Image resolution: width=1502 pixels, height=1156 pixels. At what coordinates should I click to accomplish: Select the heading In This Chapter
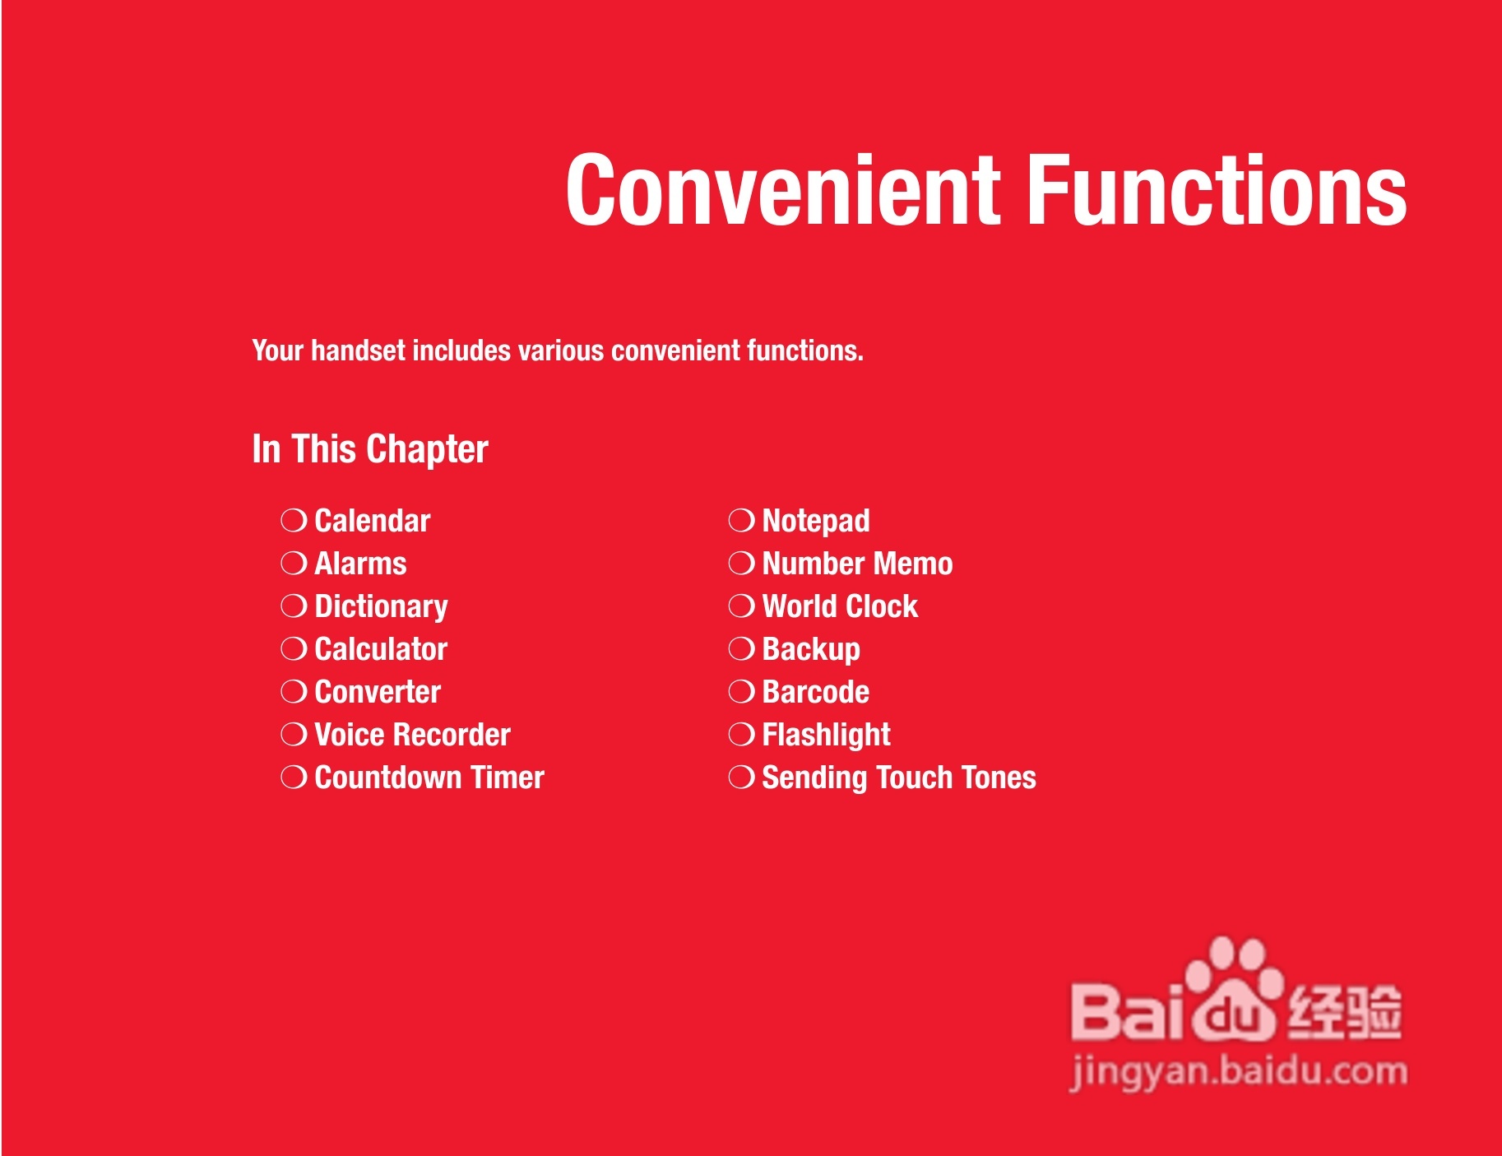point(370,449)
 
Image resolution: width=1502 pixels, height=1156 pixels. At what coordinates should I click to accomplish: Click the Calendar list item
point(373,521)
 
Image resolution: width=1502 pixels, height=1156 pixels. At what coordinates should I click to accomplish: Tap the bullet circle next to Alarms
point(294,564)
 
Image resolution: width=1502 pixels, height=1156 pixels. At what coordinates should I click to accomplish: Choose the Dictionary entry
point(382,607)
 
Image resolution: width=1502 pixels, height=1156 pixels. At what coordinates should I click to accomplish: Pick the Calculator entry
point(381,649)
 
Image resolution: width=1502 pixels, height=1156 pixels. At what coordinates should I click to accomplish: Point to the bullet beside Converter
point(294,692)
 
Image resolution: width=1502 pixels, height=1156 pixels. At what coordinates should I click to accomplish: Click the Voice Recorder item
point(413,735)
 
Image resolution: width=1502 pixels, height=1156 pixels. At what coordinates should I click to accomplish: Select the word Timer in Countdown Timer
point(508,778)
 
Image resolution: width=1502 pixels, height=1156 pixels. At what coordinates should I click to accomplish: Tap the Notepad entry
point(816,522)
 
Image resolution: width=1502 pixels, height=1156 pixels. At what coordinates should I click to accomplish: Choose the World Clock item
point(840,606)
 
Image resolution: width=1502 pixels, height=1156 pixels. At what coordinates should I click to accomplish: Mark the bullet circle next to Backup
point(741,649)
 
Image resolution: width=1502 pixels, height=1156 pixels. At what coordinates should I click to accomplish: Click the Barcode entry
point(816,692)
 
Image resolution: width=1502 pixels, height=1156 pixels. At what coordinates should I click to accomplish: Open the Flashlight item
point(827,736)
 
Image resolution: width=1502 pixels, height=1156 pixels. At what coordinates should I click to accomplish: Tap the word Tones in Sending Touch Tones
point(999,778)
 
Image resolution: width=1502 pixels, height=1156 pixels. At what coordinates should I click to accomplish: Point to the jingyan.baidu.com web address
point(1239,1072)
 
